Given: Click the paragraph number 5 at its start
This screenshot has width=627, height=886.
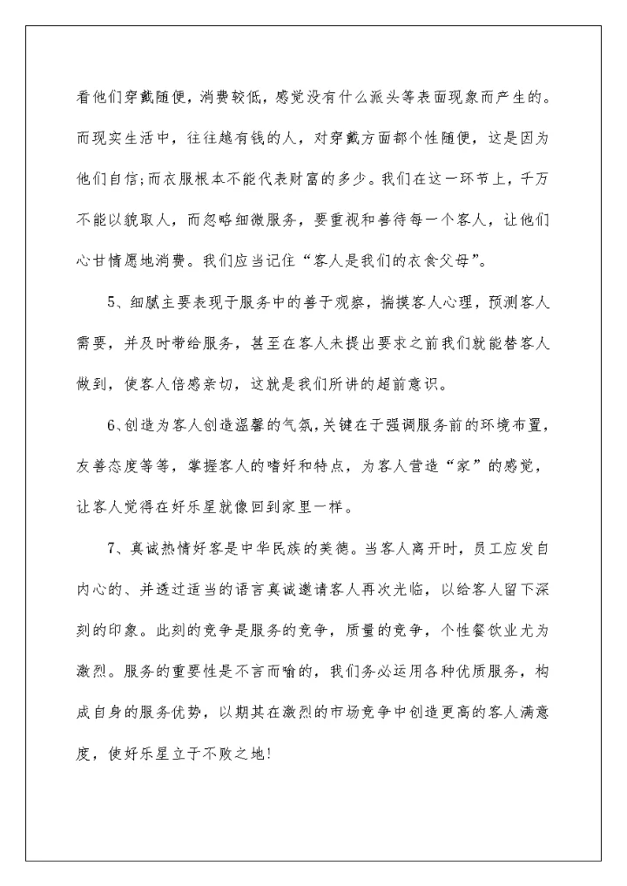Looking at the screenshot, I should tap(111, 302).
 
